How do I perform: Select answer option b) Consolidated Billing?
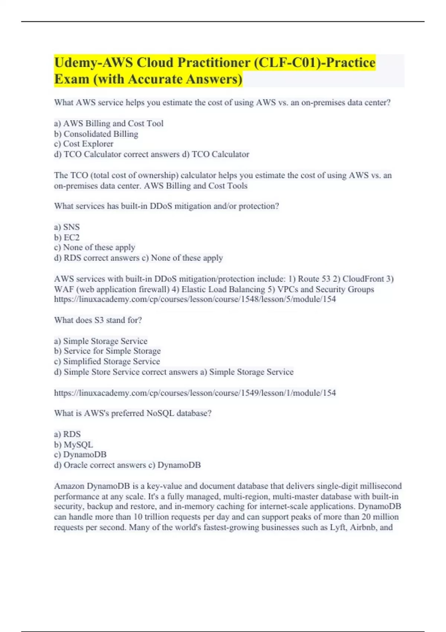pyautogui.click(x=96, y=134)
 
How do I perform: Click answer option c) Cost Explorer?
pyautogui.click(x=84, y=144)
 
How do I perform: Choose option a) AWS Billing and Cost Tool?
pyautogui.click(x=109, y=123)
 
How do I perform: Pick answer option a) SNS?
pyautogui.click(x=67, y=227)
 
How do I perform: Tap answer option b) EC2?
pyautogui.click(x=67, y=238)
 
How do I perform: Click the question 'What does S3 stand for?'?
pyautogui.click(x=98, y=320)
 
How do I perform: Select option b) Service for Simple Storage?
pyautogui.click(x=107, y=351)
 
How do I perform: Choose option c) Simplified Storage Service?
pyautogui.click(x=107, y=361)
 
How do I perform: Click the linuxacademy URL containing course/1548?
pyautogui.click(x=195, y=299)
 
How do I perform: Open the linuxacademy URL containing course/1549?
pyautogui.click(x=195, y=393)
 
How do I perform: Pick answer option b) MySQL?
pyautogui.click(x=74, y=445)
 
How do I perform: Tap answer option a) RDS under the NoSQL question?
pyautogui.click(x=67, y=434)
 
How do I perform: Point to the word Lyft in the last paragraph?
pyautogui.click(x=337, y=527)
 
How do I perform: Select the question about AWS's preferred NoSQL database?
pyautogui.click(x=133, y=413)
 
